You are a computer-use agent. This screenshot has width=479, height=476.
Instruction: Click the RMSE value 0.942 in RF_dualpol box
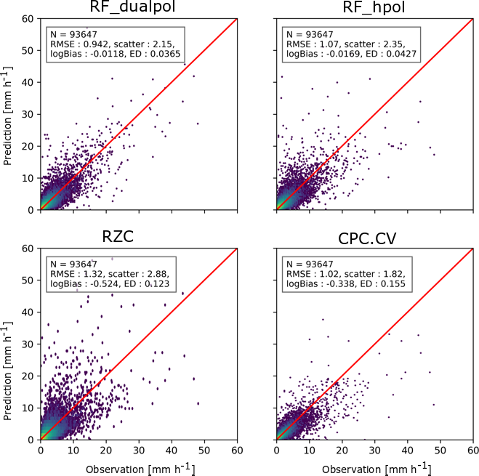[x=92, y=44]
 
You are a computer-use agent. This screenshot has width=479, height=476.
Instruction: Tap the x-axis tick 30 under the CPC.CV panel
[x=375, y=451]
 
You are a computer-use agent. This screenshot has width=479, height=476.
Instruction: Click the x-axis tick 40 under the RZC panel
[x=172, y=451]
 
